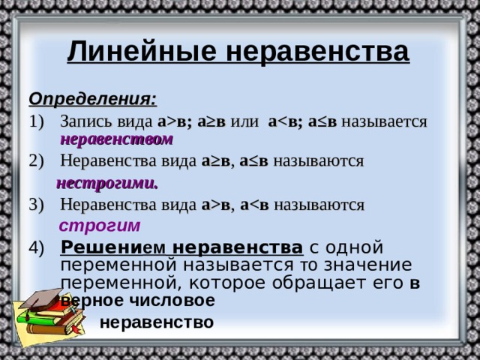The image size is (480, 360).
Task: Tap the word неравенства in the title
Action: click(318, 52)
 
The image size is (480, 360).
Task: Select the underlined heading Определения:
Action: click(93, 99)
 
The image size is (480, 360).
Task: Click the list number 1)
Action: click(37, 121)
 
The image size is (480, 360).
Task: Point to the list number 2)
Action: click(37, 161)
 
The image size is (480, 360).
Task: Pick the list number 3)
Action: click(37, 205)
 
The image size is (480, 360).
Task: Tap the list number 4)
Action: click(37, 248)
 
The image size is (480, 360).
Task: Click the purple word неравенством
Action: click(117, 139)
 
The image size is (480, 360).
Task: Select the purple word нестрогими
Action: click(107, 184)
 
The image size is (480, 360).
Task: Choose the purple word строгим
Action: click(100, 226)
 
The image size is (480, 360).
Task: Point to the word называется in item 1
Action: click(384, 121)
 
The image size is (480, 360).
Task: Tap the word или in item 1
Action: click(244, 121)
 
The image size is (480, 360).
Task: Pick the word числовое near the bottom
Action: click(172, 301)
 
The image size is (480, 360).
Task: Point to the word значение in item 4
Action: click(368, 265)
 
